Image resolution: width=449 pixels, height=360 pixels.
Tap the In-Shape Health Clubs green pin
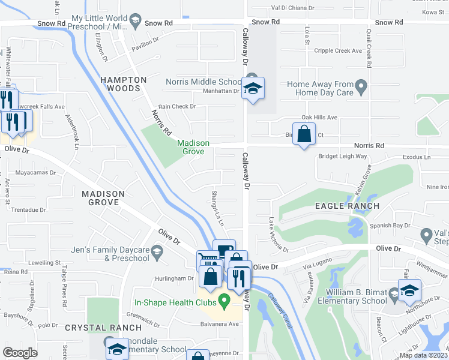tap(224, 302)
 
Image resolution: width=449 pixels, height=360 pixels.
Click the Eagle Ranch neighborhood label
tap(348, 206)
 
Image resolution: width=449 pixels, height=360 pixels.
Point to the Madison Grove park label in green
tap(193, 147)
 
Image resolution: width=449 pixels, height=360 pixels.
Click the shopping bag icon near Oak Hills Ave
tap(304, 134)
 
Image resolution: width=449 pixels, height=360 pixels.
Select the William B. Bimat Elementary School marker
tap(409, 292)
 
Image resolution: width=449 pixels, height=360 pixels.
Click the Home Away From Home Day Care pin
tap(361, 88)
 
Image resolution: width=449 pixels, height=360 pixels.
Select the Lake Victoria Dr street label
tap(279, 235)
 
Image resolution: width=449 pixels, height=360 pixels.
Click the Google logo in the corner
tap(20, 353)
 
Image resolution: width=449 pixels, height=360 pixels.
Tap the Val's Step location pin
tap(426, 234)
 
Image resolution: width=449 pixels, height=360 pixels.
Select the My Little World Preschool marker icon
tap(135, 23)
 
